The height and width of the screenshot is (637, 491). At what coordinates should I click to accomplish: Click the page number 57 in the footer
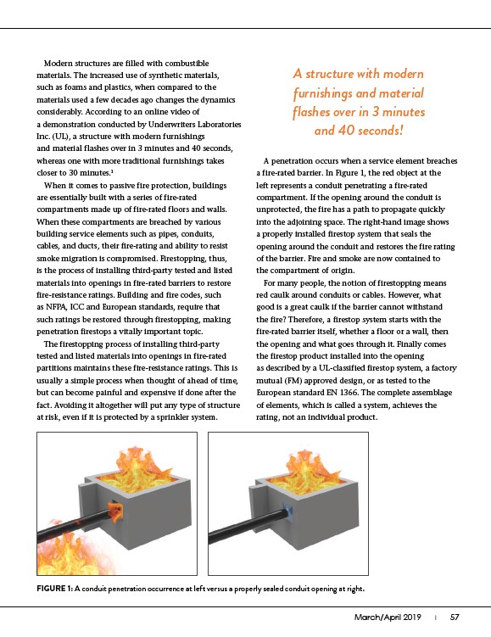pos(455,617)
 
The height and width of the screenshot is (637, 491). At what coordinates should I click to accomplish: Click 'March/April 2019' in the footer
pos(388,617)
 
